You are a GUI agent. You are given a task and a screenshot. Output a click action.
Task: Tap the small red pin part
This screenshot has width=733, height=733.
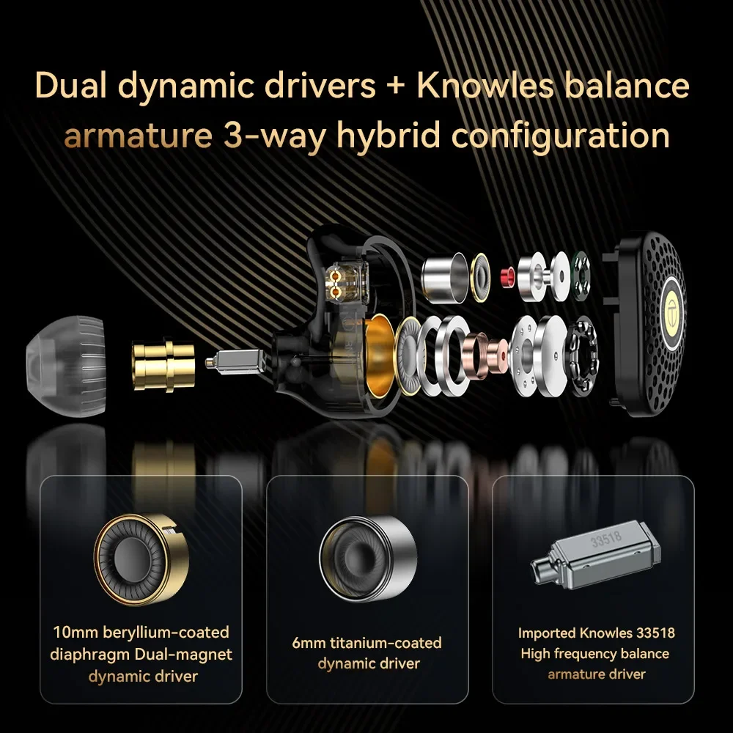[x=505, y=277]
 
